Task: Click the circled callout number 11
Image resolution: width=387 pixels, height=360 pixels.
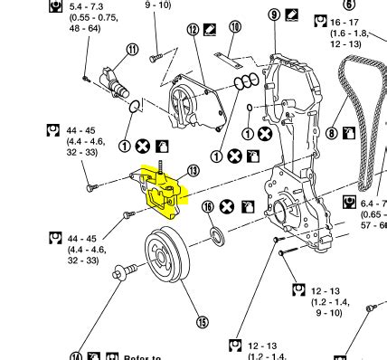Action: tap(133, 50)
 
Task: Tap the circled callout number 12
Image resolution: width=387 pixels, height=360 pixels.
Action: tap(193, 30)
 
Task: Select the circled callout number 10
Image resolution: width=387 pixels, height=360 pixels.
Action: tap(235, 28)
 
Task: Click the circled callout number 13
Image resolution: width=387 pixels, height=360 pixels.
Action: tap(192, 171)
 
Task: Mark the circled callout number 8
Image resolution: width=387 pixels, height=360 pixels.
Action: tap(332, 134)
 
